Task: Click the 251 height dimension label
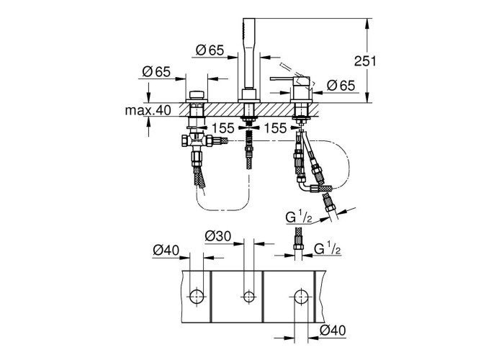pyautogui.click(x=365, y=60)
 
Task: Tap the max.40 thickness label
pyautogui.click(x=148, y=111)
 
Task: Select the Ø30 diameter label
pyautogui.click(x=218, y=236)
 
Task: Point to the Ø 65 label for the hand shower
pyautogui.click(x=210, y=50)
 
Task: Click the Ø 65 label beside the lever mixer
pyautogui.click(x=341, y=86)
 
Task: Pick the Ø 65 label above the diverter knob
pyautogui.click(x=156, y=71)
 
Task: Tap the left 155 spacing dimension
pyautogui.click(x=223, y=128)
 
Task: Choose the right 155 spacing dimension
pyautogui.click(x=275, y=128)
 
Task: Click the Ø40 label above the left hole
pyautogui.click(x=166, y=250)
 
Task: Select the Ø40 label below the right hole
pyautogui.click(x=333, y=330)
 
